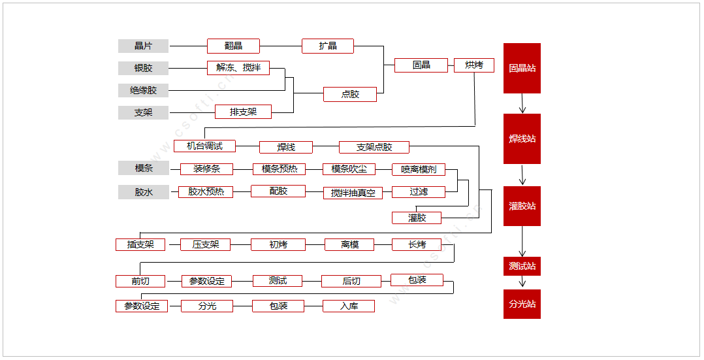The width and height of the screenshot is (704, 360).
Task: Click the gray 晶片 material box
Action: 143,46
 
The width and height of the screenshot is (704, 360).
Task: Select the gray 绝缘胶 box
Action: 143,90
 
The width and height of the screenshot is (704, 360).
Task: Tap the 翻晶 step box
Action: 233,46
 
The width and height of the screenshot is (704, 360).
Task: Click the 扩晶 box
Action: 328,46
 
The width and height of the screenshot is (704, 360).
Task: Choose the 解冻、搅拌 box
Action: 238,68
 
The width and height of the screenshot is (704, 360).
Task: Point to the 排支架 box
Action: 243,112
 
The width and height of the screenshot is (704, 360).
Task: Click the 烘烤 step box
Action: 474,65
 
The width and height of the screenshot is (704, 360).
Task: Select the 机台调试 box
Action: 204,146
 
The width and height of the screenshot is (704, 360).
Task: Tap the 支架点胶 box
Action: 374,147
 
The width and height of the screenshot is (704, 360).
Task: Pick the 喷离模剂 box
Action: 419,169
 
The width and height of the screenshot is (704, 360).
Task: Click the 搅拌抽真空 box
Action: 353,193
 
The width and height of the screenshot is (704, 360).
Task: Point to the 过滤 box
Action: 419,192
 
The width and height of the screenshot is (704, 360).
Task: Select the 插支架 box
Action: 140,244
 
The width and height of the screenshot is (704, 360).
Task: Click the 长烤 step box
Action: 417,244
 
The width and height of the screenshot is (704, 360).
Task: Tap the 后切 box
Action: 351,281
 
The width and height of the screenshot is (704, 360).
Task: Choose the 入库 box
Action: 349,306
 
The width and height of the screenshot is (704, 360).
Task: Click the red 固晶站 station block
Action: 522,68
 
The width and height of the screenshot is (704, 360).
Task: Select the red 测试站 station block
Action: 522,266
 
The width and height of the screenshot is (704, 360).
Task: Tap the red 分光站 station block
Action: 522,304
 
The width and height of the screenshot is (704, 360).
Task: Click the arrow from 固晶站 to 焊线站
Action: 522,103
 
